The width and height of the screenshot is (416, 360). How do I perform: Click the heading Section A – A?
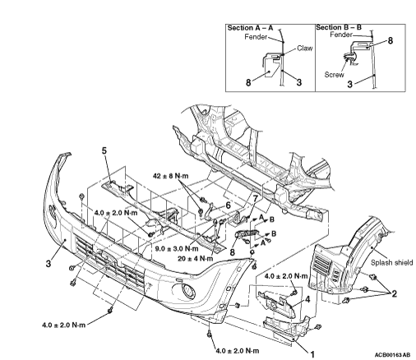pos(251,28)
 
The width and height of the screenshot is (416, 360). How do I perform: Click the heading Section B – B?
pos(339,27)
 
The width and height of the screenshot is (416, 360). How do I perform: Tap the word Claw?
pos(305,48)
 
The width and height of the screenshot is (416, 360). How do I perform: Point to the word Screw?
pos(334,75)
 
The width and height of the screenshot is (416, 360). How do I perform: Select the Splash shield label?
pos(392,262)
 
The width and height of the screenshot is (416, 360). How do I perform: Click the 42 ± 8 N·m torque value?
pos(170,176)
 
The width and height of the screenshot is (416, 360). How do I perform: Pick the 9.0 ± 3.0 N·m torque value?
pos(177,249)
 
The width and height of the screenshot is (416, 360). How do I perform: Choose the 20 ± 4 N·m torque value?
pos(195,258)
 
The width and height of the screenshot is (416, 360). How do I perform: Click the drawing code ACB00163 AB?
pos(392,354)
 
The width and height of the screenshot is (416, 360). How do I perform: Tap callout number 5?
pos(104,150)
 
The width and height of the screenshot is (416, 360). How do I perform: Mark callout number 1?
pos(312,354)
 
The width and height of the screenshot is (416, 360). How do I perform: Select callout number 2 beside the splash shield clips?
pos(395,294)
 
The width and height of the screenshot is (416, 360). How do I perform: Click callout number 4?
pos(307,299)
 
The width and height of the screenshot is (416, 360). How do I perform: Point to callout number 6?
pos(228,205)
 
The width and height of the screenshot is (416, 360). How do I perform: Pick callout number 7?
pos(256,199)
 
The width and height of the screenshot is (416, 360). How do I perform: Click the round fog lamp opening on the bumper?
pos(189,291)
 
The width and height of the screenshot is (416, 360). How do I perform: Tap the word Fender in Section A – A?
pos(256,37)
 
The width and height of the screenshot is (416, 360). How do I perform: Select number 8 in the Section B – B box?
pos(391,40)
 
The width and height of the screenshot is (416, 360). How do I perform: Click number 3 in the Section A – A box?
pos(299,82)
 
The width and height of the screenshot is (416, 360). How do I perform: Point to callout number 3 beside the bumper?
pos(49,264)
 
